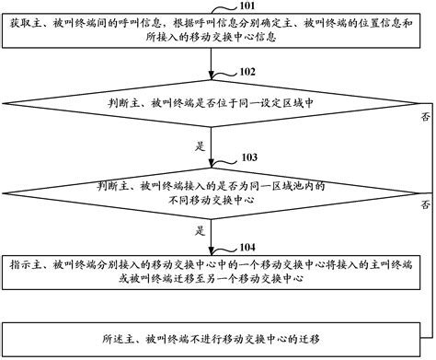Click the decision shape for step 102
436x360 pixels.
[x=212, y=103]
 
